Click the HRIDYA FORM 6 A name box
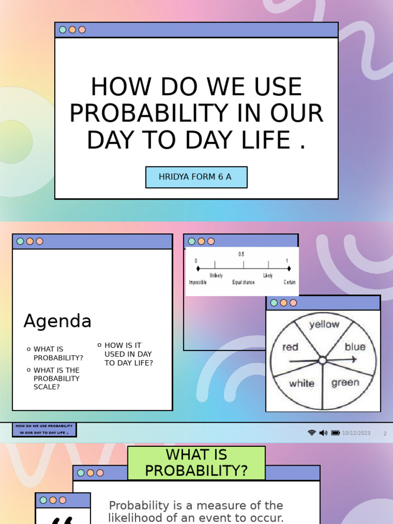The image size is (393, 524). [196, 177]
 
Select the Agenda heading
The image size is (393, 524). [57, 321]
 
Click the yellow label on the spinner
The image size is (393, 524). [324, 324]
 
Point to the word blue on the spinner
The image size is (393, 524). [355, 347]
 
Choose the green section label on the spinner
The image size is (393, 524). [345, 383]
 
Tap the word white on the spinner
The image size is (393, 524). [301, 383]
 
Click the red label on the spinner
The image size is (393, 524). [290, 347]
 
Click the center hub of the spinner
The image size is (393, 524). [322, 360]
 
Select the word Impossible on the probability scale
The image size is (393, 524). [198, 282]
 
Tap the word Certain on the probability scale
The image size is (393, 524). [290, 282]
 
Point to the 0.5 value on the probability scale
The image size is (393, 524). [241, 254]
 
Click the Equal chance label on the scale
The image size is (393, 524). [244, 282]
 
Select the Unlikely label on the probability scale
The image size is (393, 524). [216, 276]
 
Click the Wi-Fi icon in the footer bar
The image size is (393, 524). [312, 433]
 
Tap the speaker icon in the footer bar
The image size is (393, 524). [323, 433]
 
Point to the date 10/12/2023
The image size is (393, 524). [356, 433]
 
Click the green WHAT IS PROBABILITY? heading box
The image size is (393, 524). [196, 463]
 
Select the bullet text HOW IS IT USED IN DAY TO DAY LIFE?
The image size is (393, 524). [128, 354]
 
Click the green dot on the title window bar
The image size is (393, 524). [63, 30]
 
